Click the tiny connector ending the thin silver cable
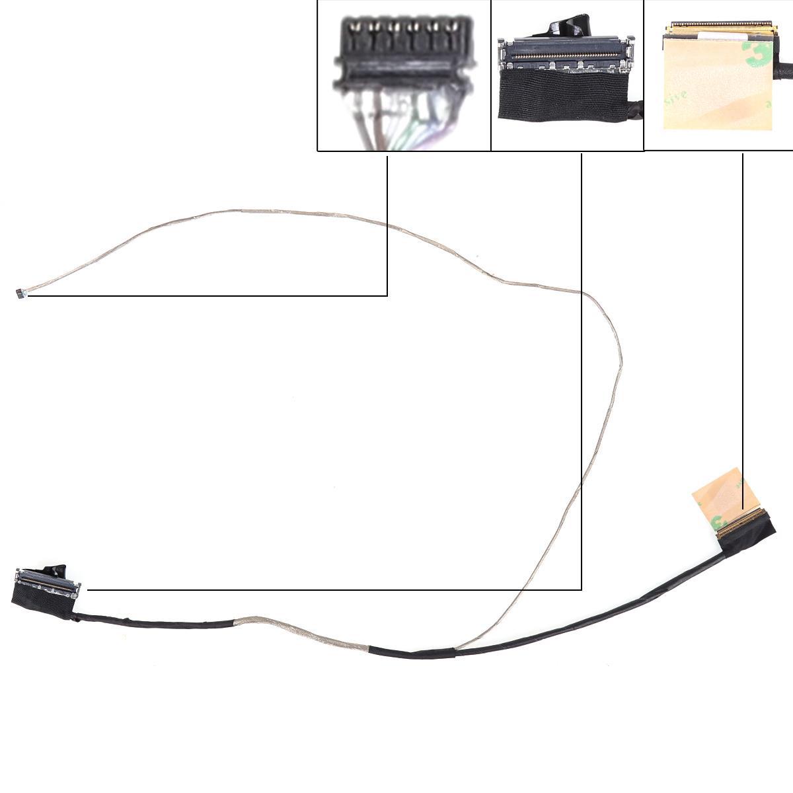coord(20,294)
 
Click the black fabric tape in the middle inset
coord(562,96)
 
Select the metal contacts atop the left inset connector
coord(403,26)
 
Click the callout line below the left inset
coord(387,225)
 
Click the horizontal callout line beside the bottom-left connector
coord(330,589)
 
